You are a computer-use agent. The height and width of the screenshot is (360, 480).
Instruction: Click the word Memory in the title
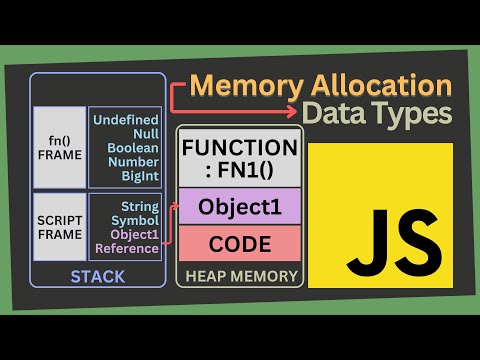click(x=247, y=86)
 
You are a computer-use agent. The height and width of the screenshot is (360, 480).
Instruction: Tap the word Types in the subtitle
click(x=413, y=114)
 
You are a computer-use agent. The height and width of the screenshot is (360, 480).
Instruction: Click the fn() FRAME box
click(x=60, y=147)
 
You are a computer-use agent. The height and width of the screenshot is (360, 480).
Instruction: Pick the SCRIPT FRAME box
click(x=60, y=227)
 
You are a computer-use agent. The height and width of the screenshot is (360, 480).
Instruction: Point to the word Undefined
click(x=126, y=120)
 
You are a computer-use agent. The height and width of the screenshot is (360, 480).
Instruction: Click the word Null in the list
click(x=146, y=134)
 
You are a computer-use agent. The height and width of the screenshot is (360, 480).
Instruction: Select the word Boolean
click(x=133, y=148)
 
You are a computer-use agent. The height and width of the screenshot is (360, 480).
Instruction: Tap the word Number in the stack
click(x=133, y=162)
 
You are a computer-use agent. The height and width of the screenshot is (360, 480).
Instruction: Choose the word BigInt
click(x=140, y=176)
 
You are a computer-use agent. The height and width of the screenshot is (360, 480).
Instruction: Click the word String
click(x=140, y=207)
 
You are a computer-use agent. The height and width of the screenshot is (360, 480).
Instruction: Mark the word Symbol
click(x=135, y=221)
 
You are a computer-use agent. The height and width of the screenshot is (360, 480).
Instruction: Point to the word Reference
click(x=127, y=248)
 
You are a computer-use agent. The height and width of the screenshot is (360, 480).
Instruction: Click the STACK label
click(x=98, y=277)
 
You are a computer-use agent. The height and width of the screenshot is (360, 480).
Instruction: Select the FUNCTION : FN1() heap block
click(x=240, y=158)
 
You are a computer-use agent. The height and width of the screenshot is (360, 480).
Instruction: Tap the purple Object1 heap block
click(x=240, y=206)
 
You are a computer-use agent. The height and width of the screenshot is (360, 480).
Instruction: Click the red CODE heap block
click(x=240, y=243)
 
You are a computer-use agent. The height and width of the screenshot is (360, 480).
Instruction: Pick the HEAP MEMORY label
click(x=241, y=276)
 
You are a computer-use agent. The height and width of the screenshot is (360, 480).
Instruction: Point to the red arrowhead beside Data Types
click(x=292, y=111)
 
